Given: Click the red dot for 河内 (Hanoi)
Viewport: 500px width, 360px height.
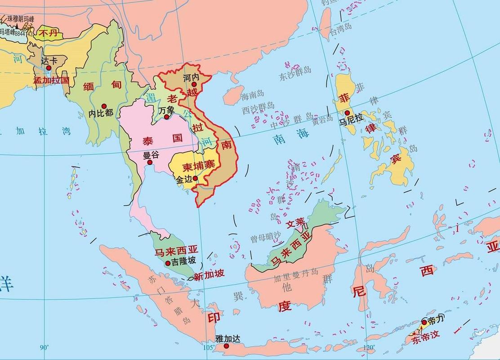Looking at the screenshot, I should (194, 84).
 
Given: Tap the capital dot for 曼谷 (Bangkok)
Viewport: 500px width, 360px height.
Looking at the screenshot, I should (150, 162).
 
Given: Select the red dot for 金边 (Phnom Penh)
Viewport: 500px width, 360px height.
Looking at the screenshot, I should (195, 178).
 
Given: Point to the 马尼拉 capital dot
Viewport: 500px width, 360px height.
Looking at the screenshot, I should (347, 113).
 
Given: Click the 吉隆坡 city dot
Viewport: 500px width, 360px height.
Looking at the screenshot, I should (168, 263).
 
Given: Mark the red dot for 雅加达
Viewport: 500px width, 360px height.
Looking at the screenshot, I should (220, 346).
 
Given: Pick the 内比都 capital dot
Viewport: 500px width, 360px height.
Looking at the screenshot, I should (104, 105).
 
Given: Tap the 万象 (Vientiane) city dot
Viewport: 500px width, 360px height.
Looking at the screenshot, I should (166, 117).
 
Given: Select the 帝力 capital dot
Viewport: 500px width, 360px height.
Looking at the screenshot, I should (424, 322).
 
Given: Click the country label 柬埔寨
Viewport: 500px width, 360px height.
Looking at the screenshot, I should (192, 166).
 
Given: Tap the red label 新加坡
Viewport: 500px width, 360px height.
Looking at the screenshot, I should (209, 274).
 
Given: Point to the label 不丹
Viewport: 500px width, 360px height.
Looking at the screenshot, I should (48, 33).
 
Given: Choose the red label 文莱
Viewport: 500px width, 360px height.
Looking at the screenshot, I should (295, 222).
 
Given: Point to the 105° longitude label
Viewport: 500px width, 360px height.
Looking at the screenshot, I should (208, 347).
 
